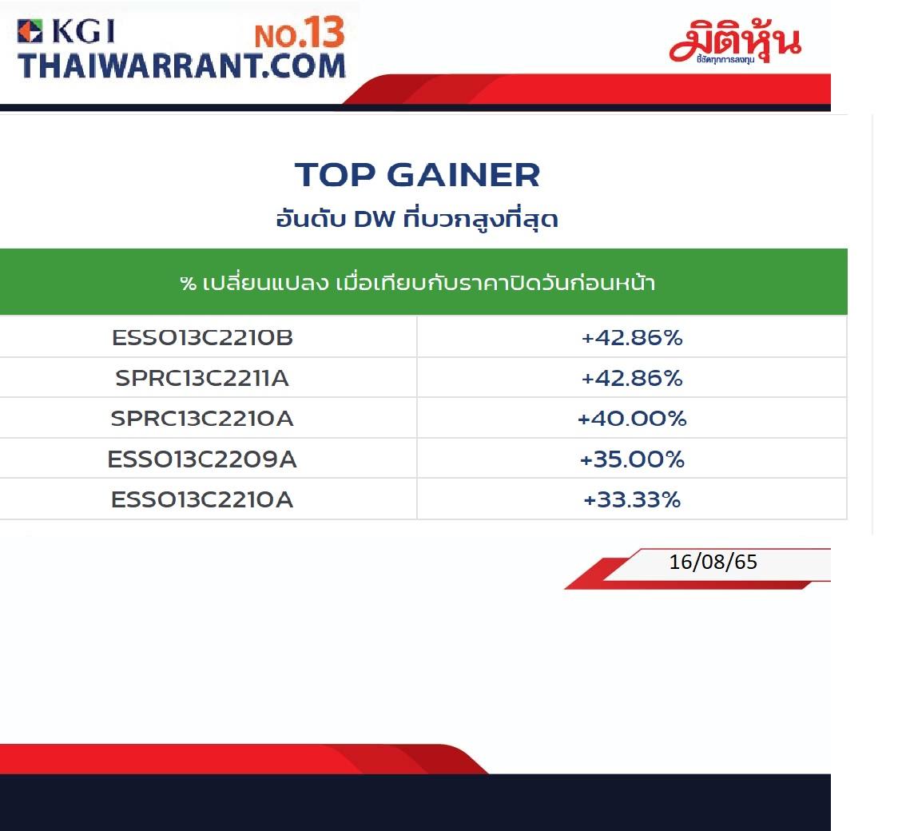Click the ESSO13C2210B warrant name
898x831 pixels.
pos(202,337)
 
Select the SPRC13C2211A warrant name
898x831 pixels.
pos(202,378)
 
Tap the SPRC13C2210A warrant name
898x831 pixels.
pos(202,418)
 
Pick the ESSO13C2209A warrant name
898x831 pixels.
pos(202,459)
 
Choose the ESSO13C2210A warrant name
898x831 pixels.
pos(202,499)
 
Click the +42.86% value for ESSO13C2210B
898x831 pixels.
pos(632,337)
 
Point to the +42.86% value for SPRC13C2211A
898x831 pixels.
pos(632,378)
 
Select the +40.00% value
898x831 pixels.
pos(632,418)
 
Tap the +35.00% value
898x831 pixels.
pos(632,459)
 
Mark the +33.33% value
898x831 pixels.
pos(632,499)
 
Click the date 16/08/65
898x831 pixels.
pos(713,562)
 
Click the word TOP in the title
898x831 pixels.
pos(335,175)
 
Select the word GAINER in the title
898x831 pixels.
pos(463,175)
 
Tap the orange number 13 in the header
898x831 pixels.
pos(324,32)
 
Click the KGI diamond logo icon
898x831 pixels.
pos(30,31)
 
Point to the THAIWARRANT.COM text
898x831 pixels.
pos(181,66)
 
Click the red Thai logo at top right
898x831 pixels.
pos(735,42)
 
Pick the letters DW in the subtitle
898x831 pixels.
pos(375,219)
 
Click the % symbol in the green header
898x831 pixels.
pos(189,283)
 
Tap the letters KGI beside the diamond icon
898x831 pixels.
pos(84,31)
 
